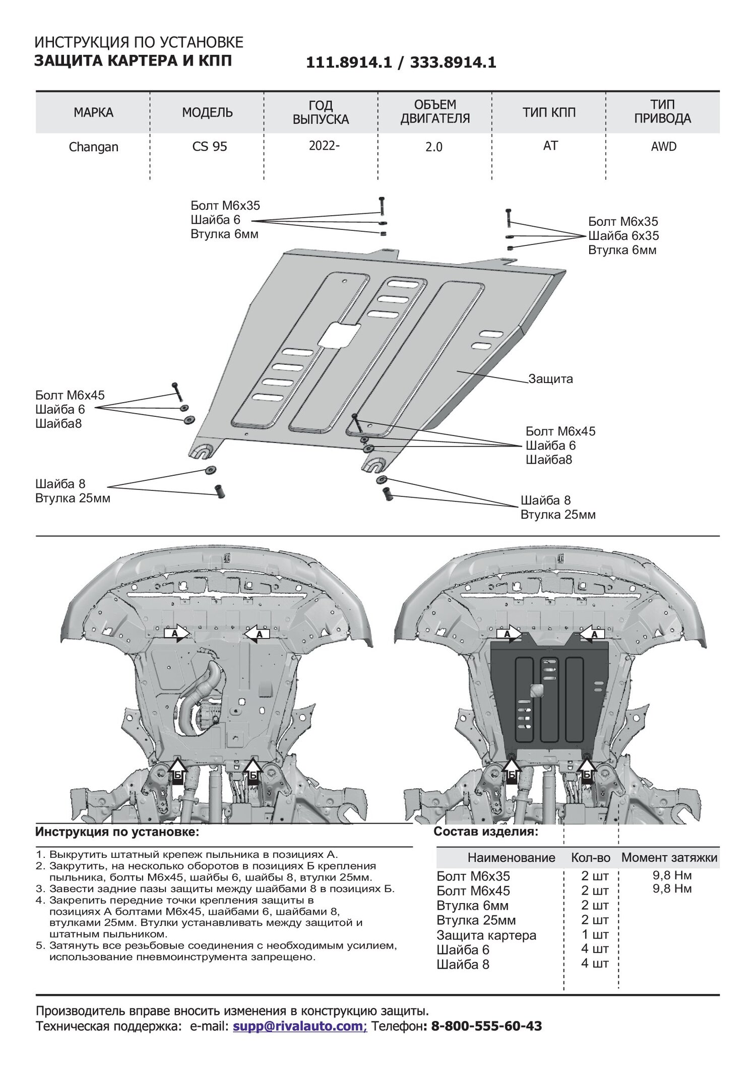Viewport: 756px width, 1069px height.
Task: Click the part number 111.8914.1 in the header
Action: (348, 62)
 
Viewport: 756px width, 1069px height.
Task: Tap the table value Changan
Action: (93, 147)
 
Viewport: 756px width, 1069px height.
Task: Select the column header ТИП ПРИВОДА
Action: (662, 112)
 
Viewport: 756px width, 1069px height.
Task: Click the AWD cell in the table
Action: (663, 147)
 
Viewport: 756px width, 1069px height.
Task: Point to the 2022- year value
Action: (324, 146)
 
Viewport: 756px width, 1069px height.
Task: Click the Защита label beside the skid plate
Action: (550, 379)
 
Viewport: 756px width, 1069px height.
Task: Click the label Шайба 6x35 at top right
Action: (623, 236)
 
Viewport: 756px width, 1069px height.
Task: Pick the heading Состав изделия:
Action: (486, 831)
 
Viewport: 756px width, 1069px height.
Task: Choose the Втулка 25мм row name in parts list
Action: (476, 920)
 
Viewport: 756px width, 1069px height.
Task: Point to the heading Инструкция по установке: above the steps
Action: (117, 832)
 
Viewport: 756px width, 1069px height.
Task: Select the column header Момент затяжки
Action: (669, 857)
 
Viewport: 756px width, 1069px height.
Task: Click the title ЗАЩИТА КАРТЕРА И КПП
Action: (133, 61)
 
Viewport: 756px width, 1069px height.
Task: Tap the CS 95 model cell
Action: (210, 147)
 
